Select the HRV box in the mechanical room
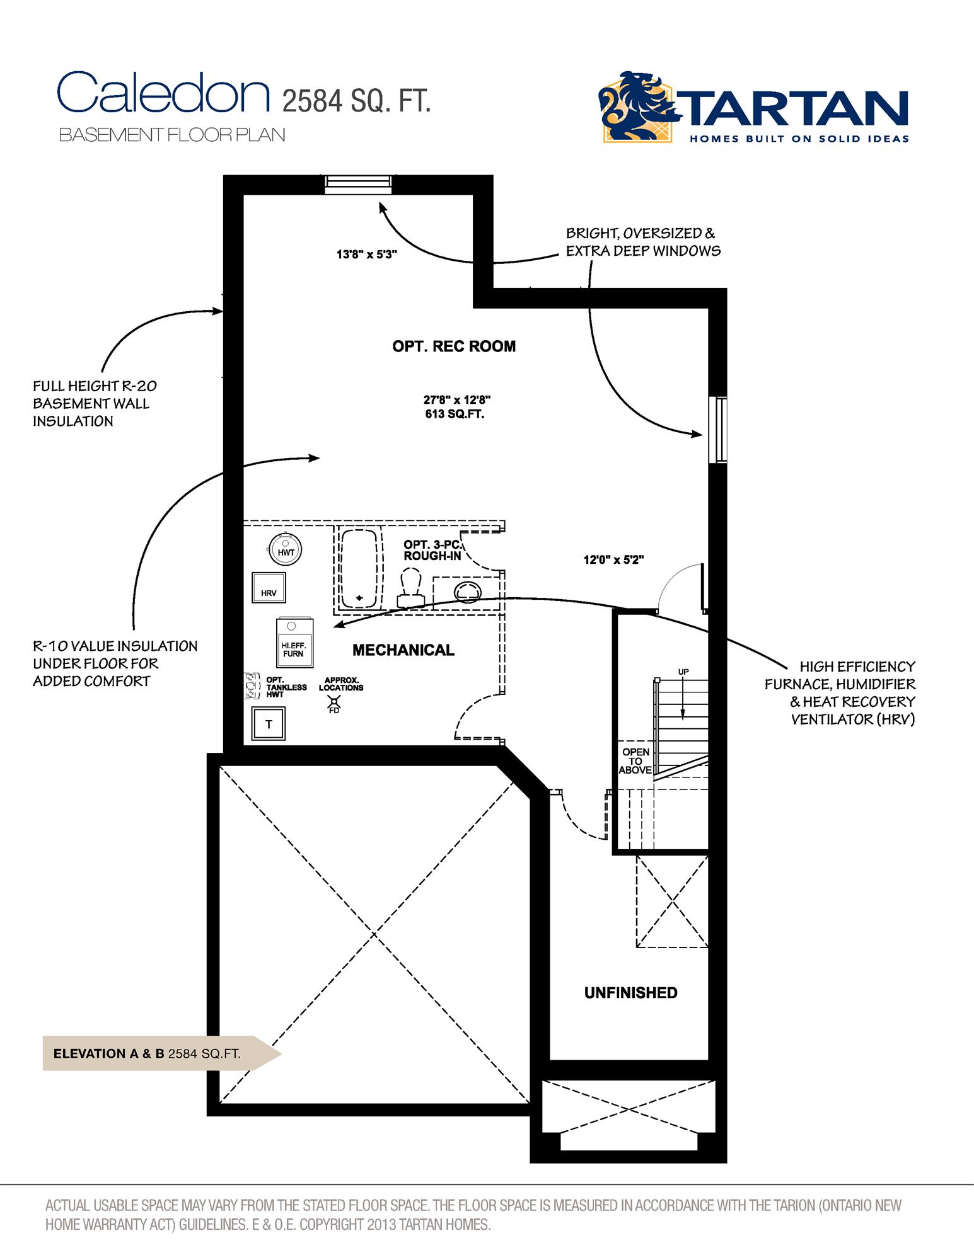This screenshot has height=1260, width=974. (x=269, y=588)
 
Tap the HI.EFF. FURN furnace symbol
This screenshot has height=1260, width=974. (x=293, y=643)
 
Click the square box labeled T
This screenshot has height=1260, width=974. (x=269, y=724)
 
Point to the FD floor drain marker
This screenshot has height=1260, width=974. (x=334, y=704)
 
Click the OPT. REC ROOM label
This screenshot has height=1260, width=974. (x=454, y=346)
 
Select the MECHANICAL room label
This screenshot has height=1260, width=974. (x=403, y=650)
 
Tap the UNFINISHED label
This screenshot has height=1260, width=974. (x=630, y=993)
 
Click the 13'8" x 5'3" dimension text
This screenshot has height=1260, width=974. (x=366, y=255)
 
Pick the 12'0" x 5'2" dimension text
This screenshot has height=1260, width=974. (x=613, y=559)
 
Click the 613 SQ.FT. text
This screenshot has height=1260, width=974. (x=455, y=415)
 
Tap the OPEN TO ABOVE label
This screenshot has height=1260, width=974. (x=635, y=760)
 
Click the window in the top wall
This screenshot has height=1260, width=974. (x=358, y=182)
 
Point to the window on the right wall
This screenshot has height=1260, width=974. (x=717, y=430)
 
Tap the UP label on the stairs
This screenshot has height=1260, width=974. (x=683, y=672)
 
